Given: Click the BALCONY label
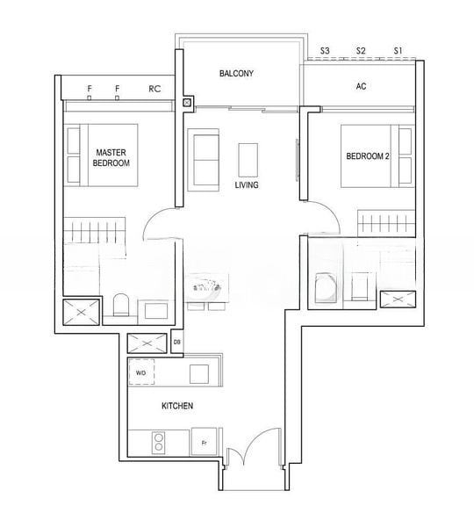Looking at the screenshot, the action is [x=236, y=73].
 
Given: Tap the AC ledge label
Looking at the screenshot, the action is [x=361, y=86].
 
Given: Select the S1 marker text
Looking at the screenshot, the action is [x=398, y=51].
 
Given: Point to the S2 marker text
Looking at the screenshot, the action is [x=361, y=51].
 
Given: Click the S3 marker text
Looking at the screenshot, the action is [x=325, y=51].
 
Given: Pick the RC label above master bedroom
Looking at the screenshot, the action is [x=154, y=89].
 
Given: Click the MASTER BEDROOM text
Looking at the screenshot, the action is [x=111, y=157].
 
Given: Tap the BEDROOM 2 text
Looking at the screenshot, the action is [x=368, y=156].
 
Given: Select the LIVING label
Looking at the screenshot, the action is [x=247, y=184].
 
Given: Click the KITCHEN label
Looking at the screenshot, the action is [x=177, y=406].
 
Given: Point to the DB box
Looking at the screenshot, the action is [x=177, y=342].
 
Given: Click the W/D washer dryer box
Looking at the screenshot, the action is [x=142, y=372].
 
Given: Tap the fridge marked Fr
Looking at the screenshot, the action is [x=204, y=442].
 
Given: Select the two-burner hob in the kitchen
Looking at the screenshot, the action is [x=159, y=443].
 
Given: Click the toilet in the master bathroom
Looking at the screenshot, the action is [x=121, y=305].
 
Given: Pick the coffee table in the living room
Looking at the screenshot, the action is [x=248, y=160].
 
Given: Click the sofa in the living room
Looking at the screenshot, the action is [x=204, y=160].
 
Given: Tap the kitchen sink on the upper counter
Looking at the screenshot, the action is [x=199, y=374].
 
